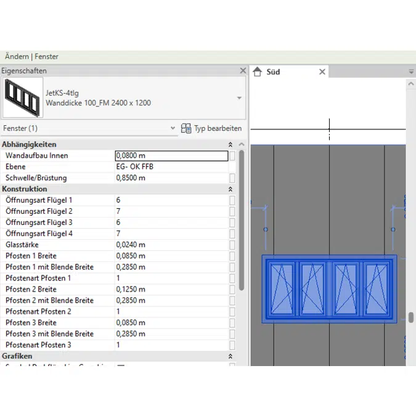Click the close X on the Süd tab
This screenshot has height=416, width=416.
322,72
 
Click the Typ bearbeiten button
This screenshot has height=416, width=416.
211,128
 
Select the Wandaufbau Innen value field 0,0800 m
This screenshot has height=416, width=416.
171,156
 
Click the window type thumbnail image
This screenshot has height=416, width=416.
23,97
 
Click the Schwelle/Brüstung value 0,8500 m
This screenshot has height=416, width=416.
131,178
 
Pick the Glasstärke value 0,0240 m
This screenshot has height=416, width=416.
131,245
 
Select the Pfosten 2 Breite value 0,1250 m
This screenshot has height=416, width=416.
131,289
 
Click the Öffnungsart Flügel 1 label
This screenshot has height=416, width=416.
39,200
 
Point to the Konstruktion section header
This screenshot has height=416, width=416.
25,189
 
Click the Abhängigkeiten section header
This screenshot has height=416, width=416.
29,144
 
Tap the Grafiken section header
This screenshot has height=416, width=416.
17,356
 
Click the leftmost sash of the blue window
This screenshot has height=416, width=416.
281,288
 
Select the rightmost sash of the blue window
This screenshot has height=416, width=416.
375,288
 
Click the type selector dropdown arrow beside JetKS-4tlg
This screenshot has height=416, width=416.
239,98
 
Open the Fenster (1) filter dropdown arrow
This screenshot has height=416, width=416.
173,128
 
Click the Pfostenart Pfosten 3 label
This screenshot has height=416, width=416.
38,345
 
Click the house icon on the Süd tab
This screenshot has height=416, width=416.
258,72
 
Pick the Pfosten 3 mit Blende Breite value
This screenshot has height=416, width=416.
131,333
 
